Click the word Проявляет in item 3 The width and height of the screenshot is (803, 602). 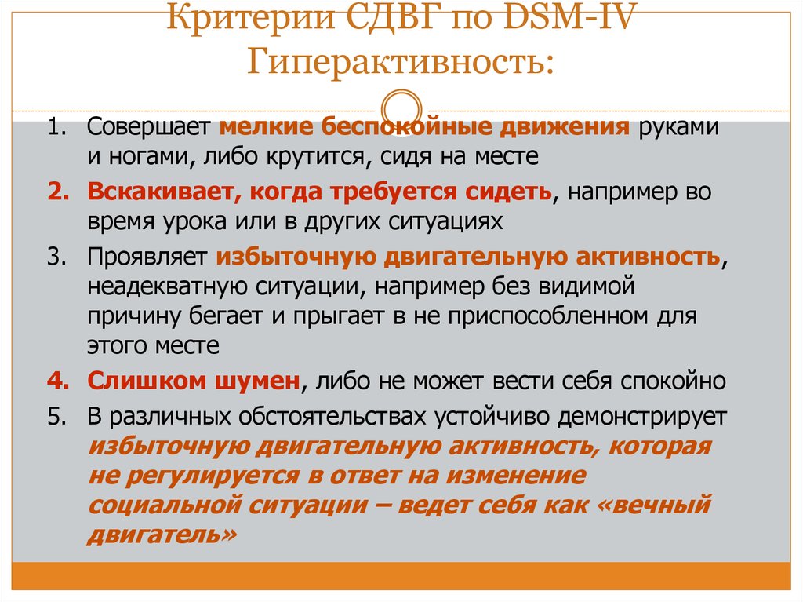tap(147, 257)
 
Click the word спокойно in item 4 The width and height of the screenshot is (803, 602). tap(674, 381)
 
